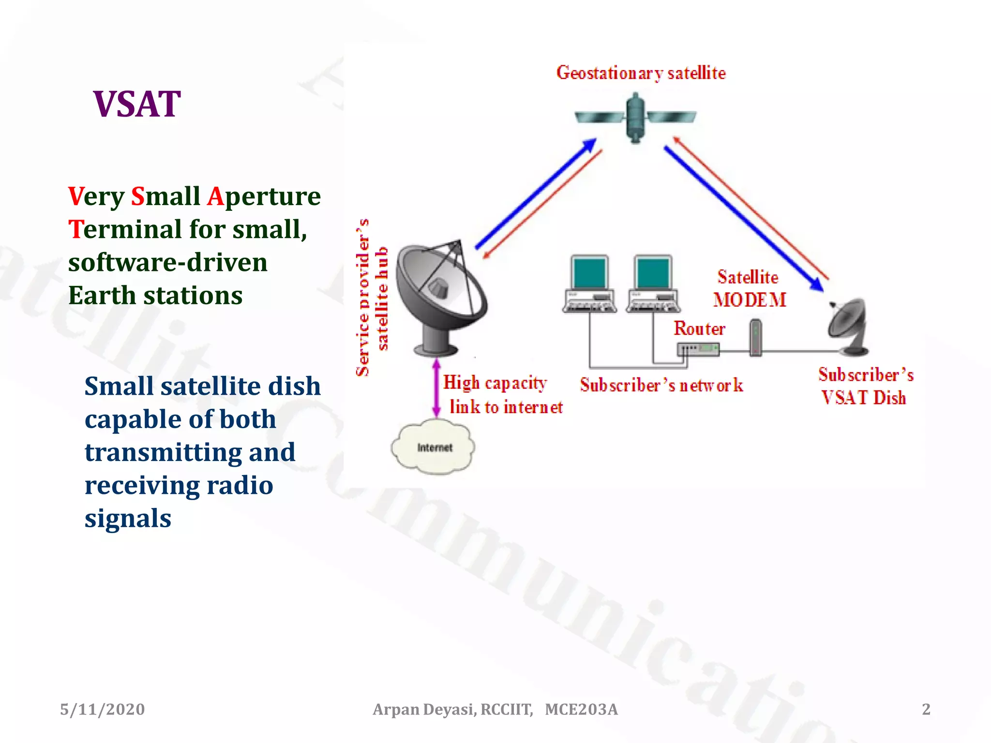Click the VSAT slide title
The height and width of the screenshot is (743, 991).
point(137,104)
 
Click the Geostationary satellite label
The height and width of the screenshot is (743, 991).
point(641,73)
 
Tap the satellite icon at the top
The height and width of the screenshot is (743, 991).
point(635,118)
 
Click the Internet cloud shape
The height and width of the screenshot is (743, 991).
point(434,447)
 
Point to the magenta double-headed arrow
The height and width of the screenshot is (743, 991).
point(436,387)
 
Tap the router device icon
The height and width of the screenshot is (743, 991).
point(698,349)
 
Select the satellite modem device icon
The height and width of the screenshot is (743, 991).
point(755,338)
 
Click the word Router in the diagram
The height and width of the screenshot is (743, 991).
point(699,329)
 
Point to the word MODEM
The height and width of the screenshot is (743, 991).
point(750,300)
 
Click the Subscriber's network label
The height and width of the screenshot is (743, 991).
point(661,386)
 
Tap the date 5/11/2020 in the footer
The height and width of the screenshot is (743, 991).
point(102,709)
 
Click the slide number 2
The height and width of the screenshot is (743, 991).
point(926,709)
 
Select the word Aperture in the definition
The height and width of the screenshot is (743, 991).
point(264,196)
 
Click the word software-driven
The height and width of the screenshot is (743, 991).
point(167,263)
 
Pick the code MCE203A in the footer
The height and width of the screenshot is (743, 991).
point(581,709)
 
